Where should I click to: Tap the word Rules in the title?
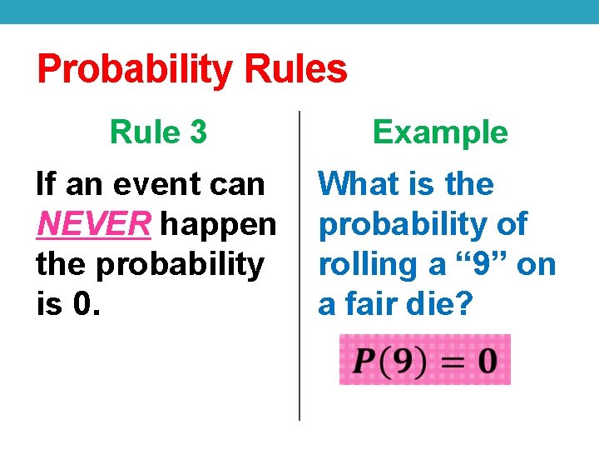click(295, 70)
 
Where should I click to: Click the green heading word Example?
click(440, 132)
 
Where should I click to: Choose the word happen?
click(218, 224)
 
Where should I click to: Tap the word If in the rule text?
click(47, 184)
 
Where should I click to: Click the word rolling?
click(364, 265)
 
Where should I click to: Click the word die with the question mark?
click(441, 305)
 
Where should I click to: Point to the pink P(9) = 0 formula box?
click(424, 360)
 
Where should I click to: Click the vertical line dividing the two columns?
click(299, 267)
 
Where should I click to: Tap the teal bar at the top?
click(299, 11)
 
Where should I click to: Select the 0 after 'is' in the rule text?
click(85, 305)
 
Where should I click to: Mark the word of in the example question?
click(509, 224)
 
